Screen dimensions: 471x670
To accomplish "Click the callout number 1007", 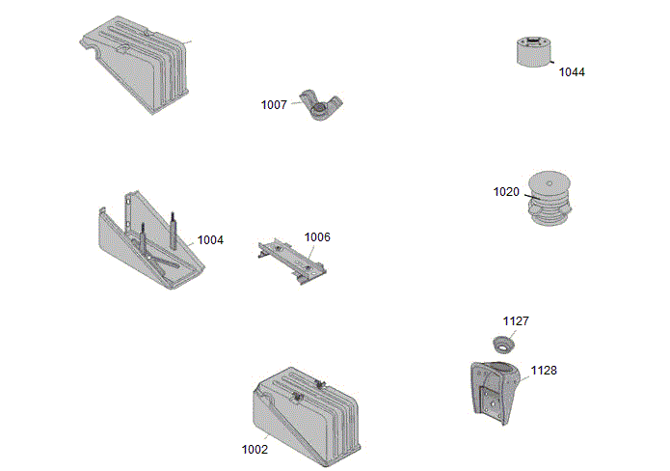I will pos(274,104).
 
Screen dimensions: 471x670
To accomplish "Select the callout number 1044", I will pos(572,71).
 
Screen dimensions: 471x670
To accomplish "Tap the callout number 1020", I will pos(506,191).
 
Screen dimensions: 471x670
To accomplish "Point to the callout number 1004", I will pos(210,239).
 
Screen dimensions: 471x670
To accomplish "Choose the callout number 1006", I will pos(317,236).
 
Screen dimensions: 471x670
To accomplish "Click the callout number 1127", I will pos(516,320).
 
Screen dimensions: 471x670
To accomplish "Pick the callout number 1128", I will pos(543,370).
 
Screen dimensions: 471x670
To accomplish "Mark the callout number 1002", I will pos(255,449).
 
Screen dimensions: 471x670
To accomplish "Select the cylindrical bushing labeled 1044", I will pos(531,53).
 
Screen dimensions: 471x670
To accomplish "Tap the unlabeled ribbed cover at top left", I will pos(140,63).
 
